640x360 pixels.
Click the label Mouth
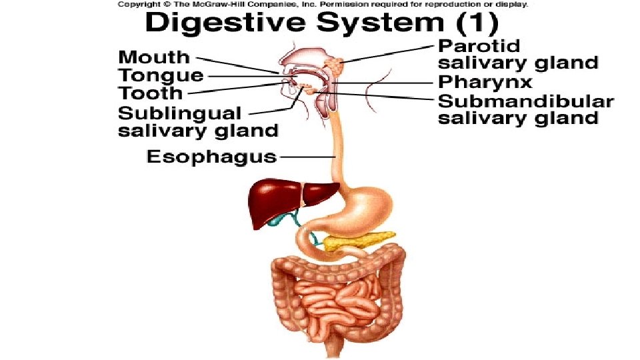[154, 57]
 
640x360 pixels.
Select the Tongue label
[161, 75]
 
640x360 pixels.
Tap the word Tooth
[151, 93]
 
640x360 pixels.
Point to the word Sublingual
[180, 112]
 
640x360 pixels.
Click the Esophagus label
[211, 157]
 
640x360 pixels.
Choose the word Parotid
[479, 47]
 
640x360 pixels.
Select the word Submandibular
[525, 101]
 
